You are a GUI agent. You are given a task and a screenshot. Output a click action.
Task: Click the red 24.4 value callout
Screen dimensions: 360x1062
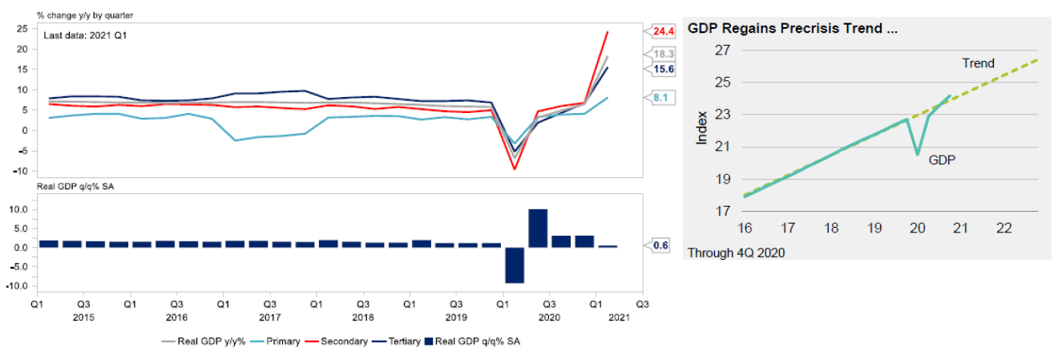point(663,31)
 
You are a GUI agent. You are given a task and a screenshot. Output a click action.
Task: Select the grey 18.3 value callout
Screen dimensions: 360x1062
point(663,54)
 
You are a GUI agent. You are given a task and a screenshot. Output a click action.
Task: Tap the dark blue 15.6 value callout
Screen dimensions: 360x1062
point(663,70)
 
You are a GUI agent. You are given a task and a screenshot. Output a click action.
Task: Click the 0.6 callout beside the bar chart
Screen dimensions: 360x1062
point(661,245)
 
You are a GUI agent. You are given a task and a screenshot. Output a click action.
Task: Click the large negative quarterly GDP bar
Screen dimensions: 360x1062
point(514,265)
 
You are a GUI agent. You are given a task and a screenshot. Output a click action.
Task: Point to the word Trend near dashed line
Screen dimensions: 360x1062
point(978,63)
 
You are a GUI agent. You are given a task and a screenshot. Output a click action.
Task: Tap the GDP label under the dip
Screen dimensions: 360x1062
point(942,160)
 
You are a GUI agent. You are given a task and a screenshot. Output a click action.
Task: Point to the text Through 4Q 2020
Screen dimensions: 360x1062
point(736,253)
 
